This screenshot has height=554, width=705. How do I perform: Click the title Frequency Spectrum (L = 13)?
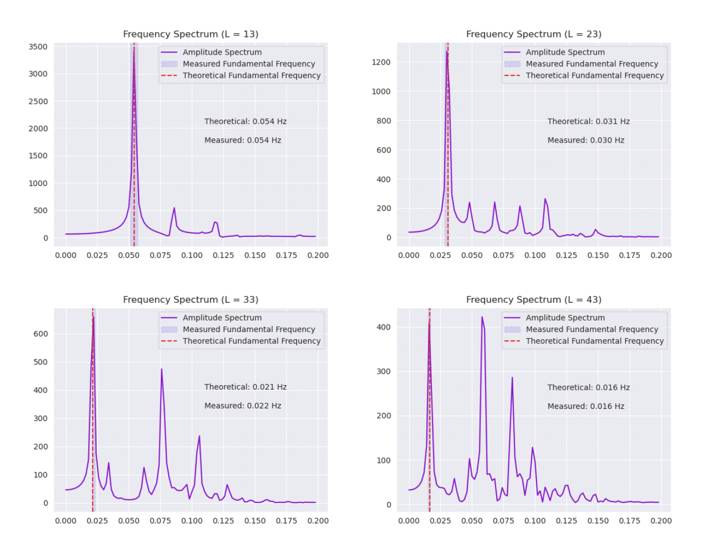191,34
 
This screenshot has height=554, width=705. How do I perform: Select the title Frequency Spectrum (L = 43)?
534,300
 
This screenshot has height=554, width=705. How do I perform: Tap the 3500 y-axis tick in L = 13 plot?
38,47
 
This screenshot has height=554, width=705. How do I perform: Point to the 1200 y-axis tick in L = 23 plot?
381,62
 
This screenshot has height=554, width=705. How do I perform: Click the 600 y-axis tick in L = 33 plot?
41,334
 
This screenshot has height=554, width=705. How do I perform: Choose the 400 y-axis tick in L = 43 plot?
384,327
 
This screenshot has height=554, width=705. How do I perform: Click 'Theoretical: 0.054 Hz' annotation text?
245,121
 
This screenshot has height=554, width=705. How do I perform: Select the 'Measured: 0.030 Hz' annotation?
586,140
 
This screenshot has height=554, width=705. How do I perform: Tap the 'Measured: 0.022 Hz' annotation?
243,405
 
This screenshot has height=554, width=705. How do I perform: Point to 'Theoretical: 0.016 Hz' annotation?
588,387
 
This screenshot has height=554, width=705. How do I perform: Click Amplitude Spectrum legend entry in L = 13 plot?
222,52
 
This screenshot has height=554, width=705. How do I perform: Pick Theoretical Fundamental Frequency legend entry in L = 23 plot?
594,75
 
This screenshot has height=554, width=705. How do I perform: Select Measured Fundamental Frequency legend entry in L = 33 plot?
249,329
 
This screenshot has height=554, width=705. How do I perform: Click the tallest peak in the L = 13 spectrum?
134,51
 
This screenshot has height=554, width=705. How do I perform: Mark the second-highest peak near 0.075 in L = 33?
161,369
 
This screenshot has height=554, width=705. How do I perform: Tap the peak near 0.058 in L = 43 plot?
482,317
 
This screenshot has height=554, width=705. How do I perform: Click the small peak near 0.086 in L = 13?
174,208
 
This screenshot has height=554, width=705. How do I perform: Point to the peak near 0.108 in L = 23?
545,199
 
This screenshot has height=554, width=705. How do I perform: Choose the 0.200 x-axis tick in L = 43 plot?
661,521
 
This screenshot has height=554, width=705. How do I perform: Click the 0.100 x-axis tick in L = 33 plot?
192,521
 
